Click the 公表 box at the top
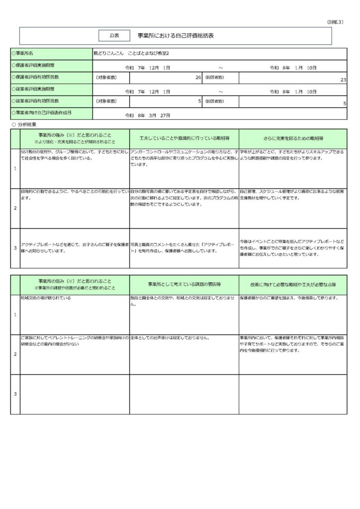(x=114, y=35)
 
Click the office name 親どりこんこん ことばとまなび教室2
(x=135, y=53)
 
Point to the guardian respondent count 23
(x=343, y=80)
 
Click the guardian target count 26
(x=198, y=78)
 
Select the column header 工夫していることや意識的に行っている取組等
(x=184, y=138)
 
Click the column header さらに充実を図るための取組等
(x=293, y=138)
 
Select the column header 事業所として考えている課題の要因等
(x=184, y=283)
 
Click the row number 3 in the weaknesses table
(x=15, y=394)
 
